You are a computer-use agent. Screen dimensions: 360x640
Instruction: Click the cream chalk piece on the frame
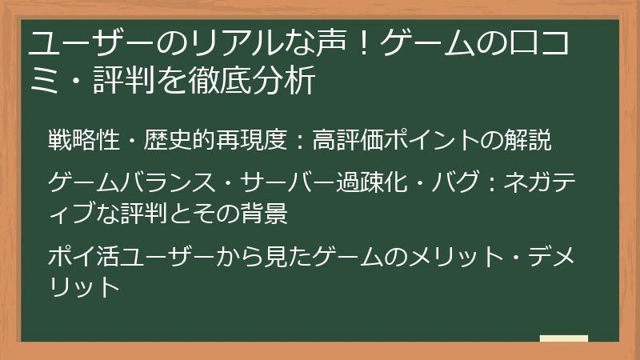pyautogui.click(x=563, y=339)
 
